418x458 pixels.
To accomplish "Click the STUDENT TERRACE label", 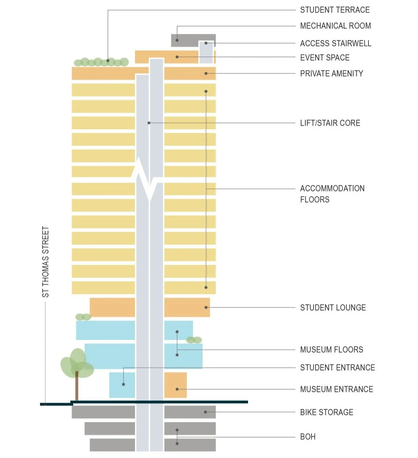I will [335, 10].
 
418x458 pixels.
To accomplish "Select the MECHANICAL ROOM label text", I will [335, 26].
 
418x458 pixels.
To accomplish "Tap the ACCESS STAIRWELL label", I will [336, 43].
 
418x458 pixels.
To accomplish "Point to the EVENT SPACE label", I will [325, 58].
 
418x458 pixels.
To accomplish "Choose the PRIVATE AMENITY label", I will [331, 74].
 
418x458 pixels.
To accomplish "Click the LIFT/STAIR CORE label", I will [330, 123].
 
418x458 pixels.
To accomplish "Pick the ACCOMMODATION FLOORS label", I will [332, 194].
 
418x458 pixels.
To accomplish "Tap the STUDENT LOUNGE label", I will [333, 308].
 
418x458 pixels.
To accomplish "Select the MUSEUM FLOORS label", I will [331, 350].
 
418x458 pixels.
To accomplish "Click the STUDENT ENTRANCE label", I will [337, 368].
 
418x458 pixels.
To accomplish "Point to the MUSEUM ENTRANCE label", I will [336, 389].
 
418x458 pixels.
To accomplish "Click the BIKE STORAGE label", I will [326, 412].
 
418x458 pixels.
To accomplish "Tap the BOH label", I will [308, 437].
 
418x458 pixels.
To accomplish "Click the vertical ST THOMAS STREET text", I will [45, 262].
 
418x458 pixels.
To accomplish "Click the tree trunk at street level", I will [77, 386].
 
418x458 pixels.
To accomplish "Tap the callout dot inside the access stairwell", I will [206, 43].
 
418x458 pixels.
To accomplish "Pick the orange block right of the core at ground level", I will [175, 385].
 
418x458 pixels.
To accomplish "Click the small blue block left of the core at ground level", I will [122, 385].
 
